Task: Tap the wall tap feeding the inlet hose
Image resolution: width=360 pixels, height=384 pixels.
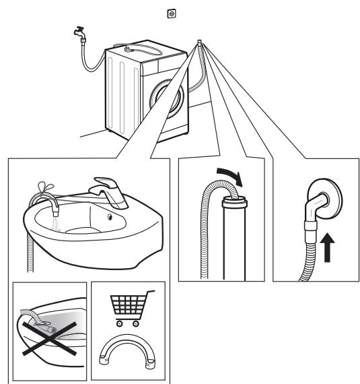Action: coord(79,33)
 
